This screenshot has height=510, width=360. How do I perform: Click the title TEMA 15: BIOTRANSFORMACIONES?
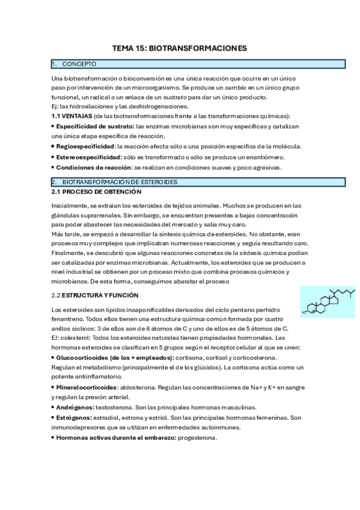[180, 48]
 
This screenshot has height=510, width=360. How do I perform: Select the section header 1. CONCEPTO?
[79, 64]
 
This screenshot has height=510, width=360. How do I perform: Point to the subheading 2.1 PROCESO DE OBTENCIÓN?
[97, 191]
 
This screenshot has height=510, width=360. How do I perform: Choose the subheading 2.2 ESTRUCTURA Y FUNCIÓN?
[95, 295]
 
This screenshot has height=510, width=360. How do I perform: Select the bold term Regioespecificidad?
[85, 146]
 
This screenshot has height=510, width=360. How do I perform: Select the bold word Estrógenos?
[74, 417]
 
